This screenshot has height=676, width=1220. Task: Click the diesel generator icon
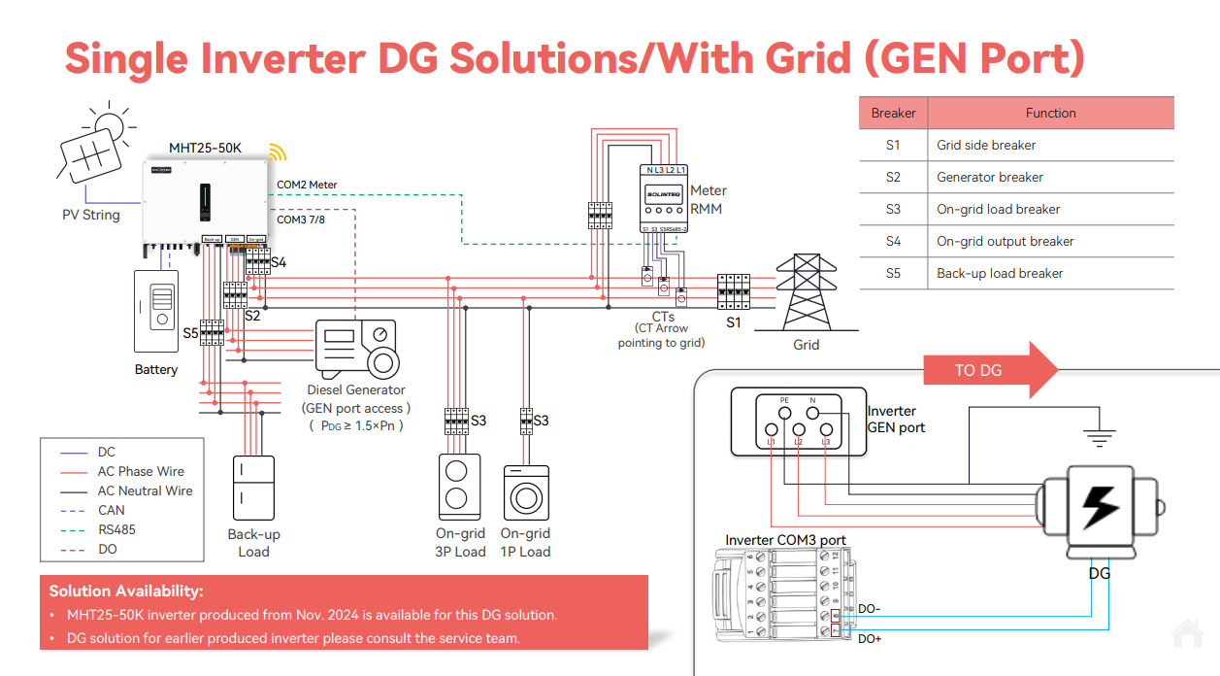tap(358, 350)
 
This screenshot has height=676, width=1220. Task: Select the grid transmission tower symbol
tap(806, 292)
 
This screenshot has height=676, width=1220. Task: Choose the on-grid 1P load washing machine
tap(526, 492)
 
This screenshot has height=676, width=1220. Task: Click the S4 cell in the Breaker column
tap(893, 241)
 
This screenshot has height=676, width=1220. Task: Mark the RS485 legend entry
tap(116, 529)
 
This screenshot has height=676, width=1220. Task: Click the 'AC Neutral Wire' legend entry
tap(145, 490)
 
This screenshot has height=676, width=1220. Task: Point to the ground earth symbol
tap(1099, 436)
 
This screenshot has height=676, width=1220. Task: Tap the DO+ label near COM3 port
tap(870, 639)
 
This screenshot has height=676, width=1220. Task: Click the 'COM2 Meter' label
tap(307, 185)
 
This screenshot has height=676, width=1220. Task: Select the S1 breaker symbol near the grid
tap(733, 291)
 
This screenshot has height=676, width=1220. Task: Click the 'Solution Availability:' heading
tap(126, 591)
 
